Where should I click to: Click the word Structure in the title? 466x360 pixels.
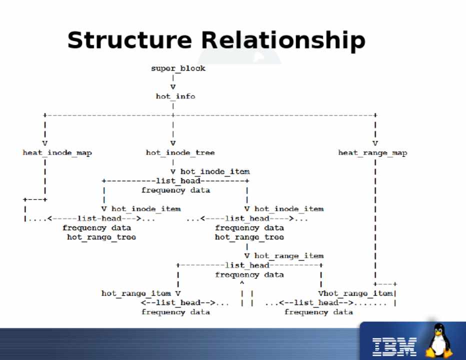(129, 40)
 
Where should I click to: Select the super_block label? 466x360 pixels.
(178, 68)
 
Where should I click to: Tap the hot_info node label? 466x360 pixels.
(175, 96)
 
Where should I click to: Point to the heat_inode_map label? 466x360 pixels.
(57, 152)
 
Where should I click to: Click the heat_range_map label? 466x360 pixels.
(372, 152)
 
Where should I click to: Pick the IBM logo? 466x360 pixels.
(394, 346)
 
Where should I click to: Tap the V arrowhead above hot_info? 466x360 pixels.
(173, 86)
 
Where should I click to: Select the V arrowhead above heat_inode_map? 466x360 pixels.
(45, 143)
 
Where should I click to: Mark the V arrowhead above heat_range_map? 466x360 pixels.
(375, 143)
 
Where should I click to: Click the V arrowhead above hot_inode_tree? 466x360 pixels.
(173, 143)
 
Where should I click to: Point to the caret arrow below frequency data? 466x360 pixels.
(242, 283)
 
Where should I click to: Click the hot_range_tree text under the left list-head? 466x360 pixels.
(101, 237)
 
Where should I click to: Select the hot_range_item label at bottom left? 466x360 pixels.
(136, 293)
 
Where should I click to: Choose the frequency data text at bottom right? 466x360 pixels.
(318, 312)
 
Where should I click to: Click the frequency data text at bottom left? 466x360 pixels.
(175, 312)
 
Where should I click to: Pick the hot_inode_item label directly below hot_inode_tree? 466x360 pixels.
(214, 171)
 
